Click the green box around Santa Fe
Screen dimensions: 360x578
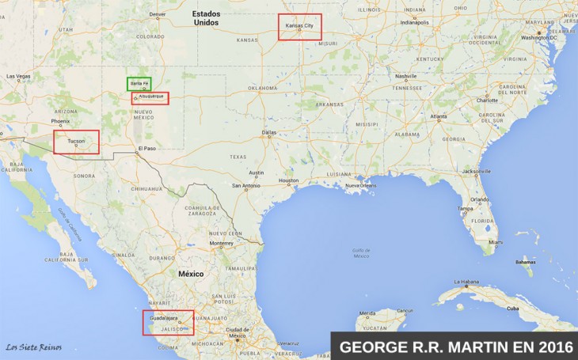(x=139, y=83)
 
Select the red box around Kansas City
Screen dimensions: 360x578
(x=300, y=27)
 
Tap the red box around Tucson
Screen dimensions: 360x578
(x=76, y=142)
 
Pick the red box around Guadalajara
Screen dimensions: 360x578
(x=168, y=322)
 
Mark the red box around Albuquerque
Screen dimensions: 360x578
(x=150, y=98)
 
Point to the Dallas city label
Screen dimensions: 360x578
(x=269, y=132)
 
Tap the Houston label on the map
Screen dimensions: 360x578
(x=289, y=180)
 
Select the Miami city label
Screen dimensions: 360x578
(x=496, y=241)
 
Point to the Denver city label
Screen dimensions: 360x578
(x=158, y=14)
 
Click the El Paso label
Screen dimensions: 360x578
(x=146, y=149)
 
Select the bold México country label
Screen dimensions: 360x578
(x=190, y=274)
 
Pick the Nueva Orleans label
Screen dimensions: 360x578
(x=360, y=185)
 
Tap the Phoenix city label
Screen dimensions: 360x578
(x=61, y=122)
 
